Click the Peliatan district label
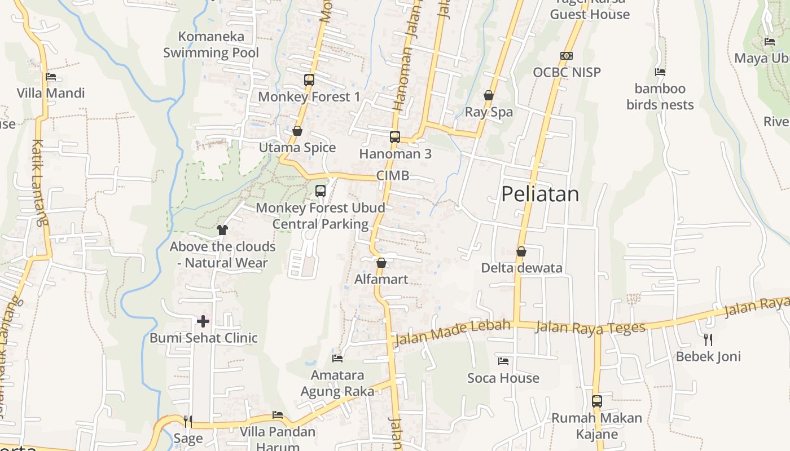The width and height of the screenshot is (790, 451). click(x=540, y=194)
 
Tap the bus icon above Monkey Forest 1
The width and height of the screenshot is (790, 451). click(x=309, y=80)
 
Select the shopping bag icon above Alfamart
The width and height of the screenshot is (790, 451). click(x=381, y=263)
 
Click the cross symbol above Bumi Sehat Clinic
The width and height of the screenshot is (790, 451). click(x=203, y=321)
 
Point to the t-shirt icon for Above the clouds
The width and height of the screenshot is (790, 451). click(x=222, y=229)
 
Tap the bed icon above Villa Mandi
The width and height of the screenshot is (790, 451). click(x=51, y=77)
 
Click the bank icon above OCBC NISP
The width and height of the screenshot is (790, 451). click(x=567, y=56)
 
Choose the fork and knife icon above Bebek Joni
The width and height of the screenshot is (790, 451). click(x=708, y=339)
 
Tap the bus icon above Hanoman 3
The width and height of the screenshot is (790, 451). click(x=395, y=137)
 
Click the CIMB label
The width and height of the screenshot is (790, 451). click(x=393, y=176)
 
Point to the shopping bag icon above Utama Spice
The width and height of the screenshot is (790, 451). click(x=297, y=131)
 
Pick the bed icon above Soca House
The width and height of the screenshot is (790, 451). click(x=503, y=361)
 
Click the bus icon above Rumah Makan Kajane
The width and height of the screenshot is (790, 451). click(x=597, y=401)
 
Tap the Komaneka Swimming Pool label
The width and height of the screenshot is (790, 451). click(x=211, y=45)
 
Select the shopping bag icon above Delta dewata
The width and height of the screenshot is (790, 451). click(x=521, y=251)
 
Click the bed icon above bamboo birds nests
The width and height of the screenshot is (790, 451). click(x=660, y=72)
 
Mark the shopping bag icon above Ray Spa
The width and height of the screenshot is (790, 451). click(x=489, y=96)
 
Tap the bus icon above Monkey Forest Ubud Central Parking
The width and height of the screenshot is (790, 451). click(x=321, y=191)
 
